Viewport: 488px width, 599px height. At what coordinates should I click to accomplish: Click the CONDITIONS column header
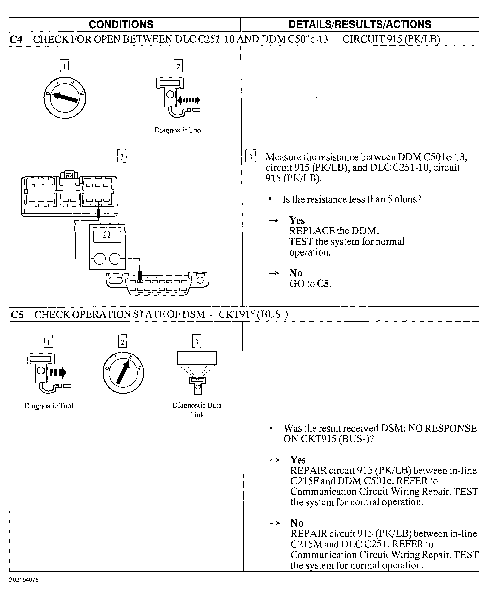121,24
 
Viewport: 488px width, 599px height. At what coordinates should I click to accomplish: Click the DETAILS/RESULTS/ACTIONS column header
360,24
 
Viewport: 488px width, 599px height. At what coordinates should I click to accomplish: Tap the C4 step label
16,39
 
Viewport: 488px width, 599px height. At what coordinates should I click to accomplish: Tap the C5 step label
17,314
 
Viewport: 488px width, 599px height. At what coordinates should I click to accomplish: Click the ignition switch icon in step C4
65,98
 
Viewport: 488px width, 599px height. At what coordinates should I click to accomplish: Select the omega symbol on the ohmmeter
107,235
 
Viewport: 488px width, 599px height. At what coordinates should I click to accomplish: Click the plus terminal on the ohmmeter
100,259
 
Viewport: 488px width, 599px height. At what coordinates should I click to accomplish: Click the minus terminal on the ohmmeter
115,259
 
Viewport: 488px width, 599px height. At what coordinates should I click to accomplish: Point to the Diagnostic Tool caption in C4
179,130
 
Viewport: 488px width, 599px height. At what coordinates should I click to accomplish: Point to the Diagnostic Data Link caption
197,410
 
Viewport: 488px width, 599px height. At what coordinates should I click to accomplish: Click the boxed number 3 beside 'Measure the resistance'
251,156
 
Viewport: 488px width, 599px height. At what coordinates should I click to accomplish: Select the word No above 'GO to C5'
296,273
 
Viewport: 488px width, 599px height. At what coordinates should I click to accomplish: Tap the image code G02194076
23,580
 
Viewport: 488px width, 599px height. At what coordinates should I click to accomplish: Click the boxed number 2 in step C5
123,342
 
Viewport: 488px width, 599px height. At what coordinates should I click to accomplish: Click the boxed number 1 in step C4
64,66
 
